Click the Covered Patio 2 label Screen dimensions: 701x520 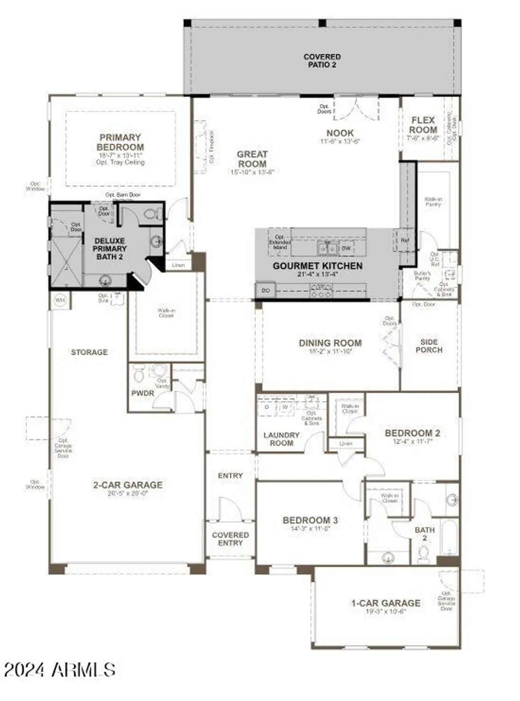pos(322,61)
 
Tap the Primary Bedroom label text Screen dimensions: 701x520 pos(121,142)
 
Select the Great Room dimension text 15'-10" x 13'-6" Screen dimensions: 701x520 pos(252,172)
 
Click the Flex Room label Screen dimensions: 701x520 pos(423,125)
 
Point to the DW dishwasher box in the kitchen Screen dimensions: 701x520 pos(346,248)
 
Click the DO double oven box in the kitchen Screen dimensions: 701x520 pos(265,291)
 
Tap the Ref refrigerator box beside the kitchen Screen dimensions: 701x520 pos(405,240)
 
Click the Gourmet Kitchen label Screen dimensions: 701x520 pos(317,266)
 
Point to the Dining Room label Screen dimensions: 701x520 pos(330,343)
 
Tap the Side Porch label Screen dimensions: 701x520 pos(429,346)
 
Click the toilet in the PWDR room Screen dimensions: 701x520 pos(139,374)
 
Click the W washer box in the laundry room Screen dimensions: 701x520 pos(285,407)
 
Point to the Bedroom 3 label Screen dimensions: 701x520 pos(310,520)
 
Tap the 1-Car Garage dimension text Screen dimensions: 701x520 pos(386,611)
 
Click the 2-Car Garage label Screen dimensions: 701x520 pos(128,485)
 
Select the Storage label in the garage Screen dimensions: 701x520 pos(89,352)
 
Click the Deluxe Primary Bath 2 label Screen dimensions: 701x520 pos(109,249)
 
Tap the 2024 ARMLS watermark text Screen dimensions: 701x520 pos(60,670)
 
